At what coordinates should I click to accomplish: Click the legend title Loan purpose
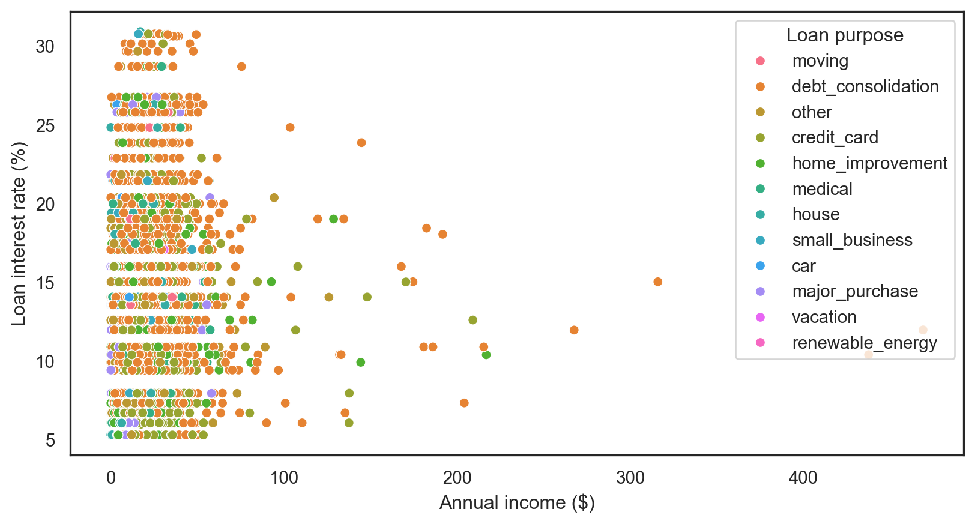click(845, 35)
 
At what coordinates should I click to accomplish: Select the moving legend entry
click(820, 61)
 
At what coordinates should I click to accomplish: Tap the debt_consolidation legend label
click(865, 87)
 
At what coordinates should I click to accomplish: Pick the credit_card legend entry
click(835, 138)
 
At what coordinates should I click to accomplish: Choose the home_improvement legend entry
click(869, 164)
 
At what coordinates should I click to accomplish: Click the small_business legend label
click(851, 241)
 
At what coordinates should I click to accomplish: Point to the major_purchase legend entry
click(854, 292)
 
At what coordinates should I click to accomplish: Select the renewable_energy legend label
click(864, 343)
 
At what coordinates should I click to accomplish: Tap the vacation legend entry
click(824, 318)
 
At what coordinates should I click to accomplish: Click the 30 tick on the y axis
click(45, 47)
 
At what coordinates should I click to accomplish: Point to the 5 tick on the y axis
click(50, 441)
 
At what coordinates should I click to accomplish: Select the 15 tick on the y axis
click(45, 283)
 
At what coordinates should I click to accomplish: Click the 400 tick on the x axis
click(803, 478)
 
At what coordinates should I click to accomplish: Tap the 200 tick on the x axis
click(457, 478)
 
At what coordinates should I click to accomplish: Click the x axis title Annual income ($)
click(517, 503)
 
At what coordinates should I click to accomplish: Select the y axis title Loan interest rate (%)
click(19, 234)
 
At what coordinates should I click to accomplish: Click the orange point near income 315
click(657, 282)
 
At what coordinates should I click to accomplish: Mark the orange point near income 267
click(574, 330)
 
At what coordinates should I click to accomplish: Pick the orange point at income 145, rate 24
click(361, 143)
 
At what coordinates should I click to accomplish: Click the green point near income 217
click(486, 355)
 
